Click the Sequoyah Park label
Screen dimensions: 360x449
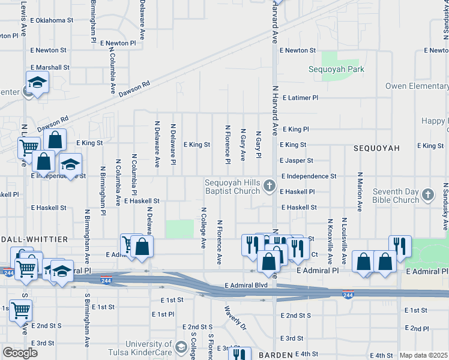point(337,69)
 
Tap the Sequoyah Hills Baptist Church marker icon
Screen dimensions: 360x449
point(270,187)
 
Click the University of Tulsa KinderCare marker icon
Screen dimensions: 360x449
point(181,348)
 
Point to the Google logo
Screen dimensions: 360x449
point(20,353)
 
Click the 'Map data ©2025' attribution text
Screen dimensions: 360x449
point(423,355)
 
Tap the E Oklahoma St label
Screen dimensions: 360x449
point(50,20)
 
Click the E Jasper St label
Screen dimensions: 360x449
point(296,161)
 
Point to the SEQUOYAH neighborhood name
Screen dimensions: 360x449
point(376,148)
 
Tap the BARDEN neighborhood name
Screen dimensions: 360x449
point(275,355)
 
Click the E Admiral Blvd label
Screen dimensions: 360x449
point(246,285)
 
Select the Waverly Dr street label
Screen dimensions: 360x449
point(235,319)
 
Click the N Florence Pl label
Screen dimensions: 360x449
point(228,145)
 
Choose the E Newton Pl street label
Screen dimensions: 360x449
point(118,43)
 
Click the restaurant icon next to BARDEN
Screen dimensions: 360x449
point(239,354)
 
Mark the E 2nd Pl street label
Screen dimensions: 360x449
point(416,328)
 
